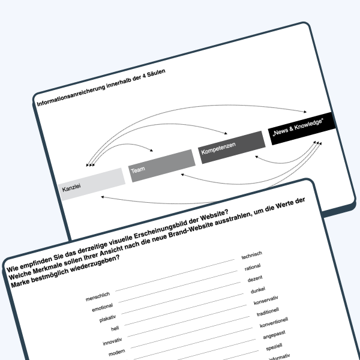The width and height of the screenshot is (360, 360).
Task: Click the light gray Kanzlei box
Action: [92, 184]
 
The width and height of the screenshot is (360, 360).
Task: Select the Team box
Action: [162, 166]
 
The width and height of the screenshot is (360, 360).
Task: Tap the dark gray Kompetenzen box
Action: [232, 148]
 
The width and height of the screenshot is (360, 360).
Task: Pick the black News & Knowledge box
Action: [302, 128]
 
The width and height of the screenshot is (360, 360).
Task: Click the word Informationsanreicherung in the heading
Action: [71, 94]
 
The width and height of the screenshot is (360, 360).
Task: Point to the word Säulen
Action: [157, 73]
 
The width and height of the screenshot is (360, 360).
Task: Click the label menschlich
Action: [98, 296]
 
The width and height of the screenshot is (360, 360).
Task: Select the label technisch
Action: [252, 256]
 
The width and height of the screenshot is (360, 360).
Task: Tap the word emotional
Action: [103, 307]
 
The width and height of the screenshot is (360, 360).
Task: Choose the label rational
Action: [253, 267]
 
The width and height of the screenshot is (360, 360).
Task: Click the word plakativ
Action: [107, 319]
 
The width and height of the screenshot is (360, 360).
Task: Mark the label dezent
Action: [255, 279]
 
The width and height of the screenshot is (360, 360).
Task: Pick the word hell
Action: [115, 329]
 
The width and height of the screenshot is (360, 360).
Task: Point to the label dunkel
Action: [258, 290]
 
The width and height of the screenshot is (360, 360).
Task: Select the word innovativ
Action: [112, 341]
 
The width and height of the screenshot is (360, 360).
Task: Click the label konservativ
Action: [266, 301]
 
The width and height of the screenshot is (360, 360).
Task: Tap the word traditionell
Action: [268, 312]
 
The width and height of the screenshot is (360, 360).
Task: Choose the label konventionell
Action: [274, 323]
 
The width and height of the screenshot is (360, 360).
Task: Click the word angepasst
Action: [274, 335]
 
